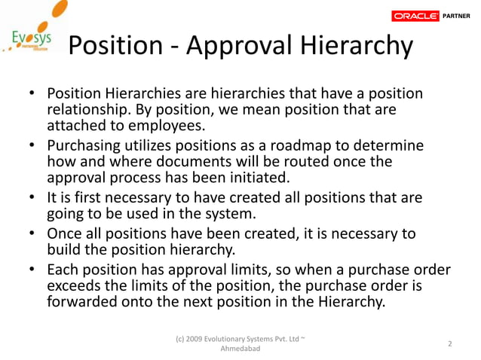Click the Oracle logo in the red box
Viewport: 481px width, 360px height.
pyautogui.click(x=415, y=15)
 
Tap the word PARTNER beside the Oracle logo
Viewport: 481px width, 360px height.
pyautogui.click(x=458, y=15)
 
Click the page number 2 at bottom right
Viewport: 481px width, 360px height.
pyautogui.click(x=449, y=344)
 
